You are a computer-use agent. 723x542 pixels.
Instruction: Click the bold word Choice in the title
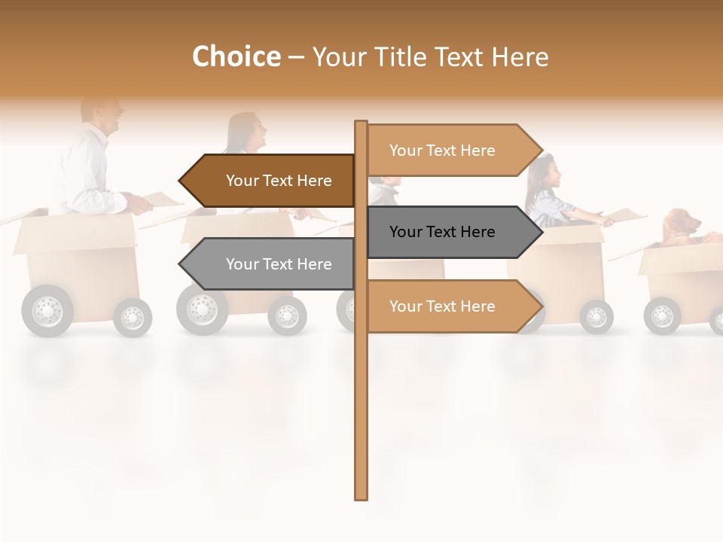point(236,56)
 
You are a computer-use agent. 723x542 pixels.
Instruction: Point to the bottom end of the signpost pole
point(361,495)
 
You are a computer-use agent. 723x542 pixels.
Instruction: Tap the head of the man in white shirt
point(105,117)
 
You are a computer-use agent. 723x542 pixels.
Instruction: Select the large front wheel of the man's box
point(47,310)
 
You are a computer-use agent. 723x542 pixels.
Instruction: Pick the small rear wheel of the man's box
point(133,317)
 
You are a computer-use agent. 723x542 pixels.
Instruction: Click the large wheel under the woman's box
point(202,309)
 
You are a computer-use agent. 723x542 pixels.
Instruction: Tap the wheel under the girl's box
point(596,316)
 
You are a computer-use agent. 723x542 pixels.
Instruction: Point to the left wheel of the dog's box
point(662,315)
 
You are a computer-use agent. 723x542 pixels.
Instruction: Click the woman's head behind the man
point(249,133)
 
